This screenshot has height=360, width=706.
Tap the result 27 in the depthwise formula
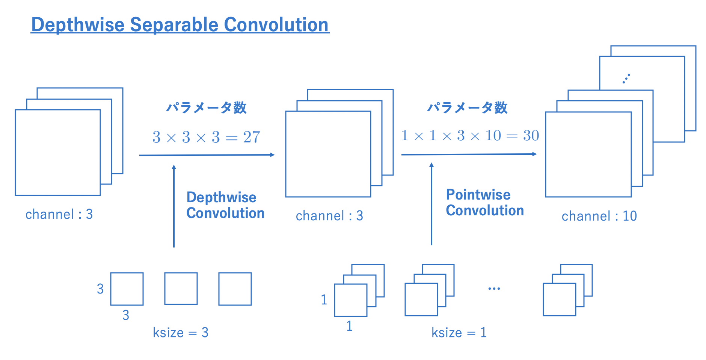click(x=252, y=137)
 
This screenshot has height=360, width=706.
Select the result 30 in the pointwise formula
click(x=531, y=136)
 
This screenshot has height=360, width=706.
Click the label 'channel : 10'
click(x=599, y=216)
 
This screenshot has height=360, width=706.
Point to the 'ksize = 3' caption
click(x=180, y=333)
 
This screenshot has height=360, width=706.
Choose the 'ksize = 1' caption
click(x=459, y=333)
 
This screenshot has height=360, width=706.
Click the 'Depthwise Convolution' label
click(x=225, y=205)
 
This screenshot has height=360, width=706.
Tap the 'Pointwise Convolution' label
click(x=484, y=203)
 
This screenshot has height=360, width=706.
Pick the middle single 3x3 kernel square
click(x=181, y=289)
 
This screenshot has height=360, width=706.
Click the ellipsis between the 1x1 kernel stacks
click(x=494, y=289)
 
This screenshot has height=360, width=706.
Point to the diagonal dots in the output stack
click(x=626, y=79)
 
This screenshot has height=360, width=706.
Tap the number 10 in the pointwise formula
click(x=493, y=136)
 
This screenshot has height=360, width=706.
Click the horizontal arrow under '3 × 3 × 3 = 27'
click(x=207, y=155)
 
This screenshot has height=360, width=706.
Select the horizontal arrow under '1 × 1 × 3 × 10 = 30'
click(x=469, y=154)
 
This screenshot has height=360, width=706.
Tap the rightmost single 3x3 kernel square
click(x=235, y=289)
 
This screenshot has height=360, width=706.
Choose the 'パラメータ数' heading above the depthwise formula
click(x=206, y=108)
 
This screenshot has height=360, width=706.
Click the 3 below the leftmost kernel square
click(x=126, y=315)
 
